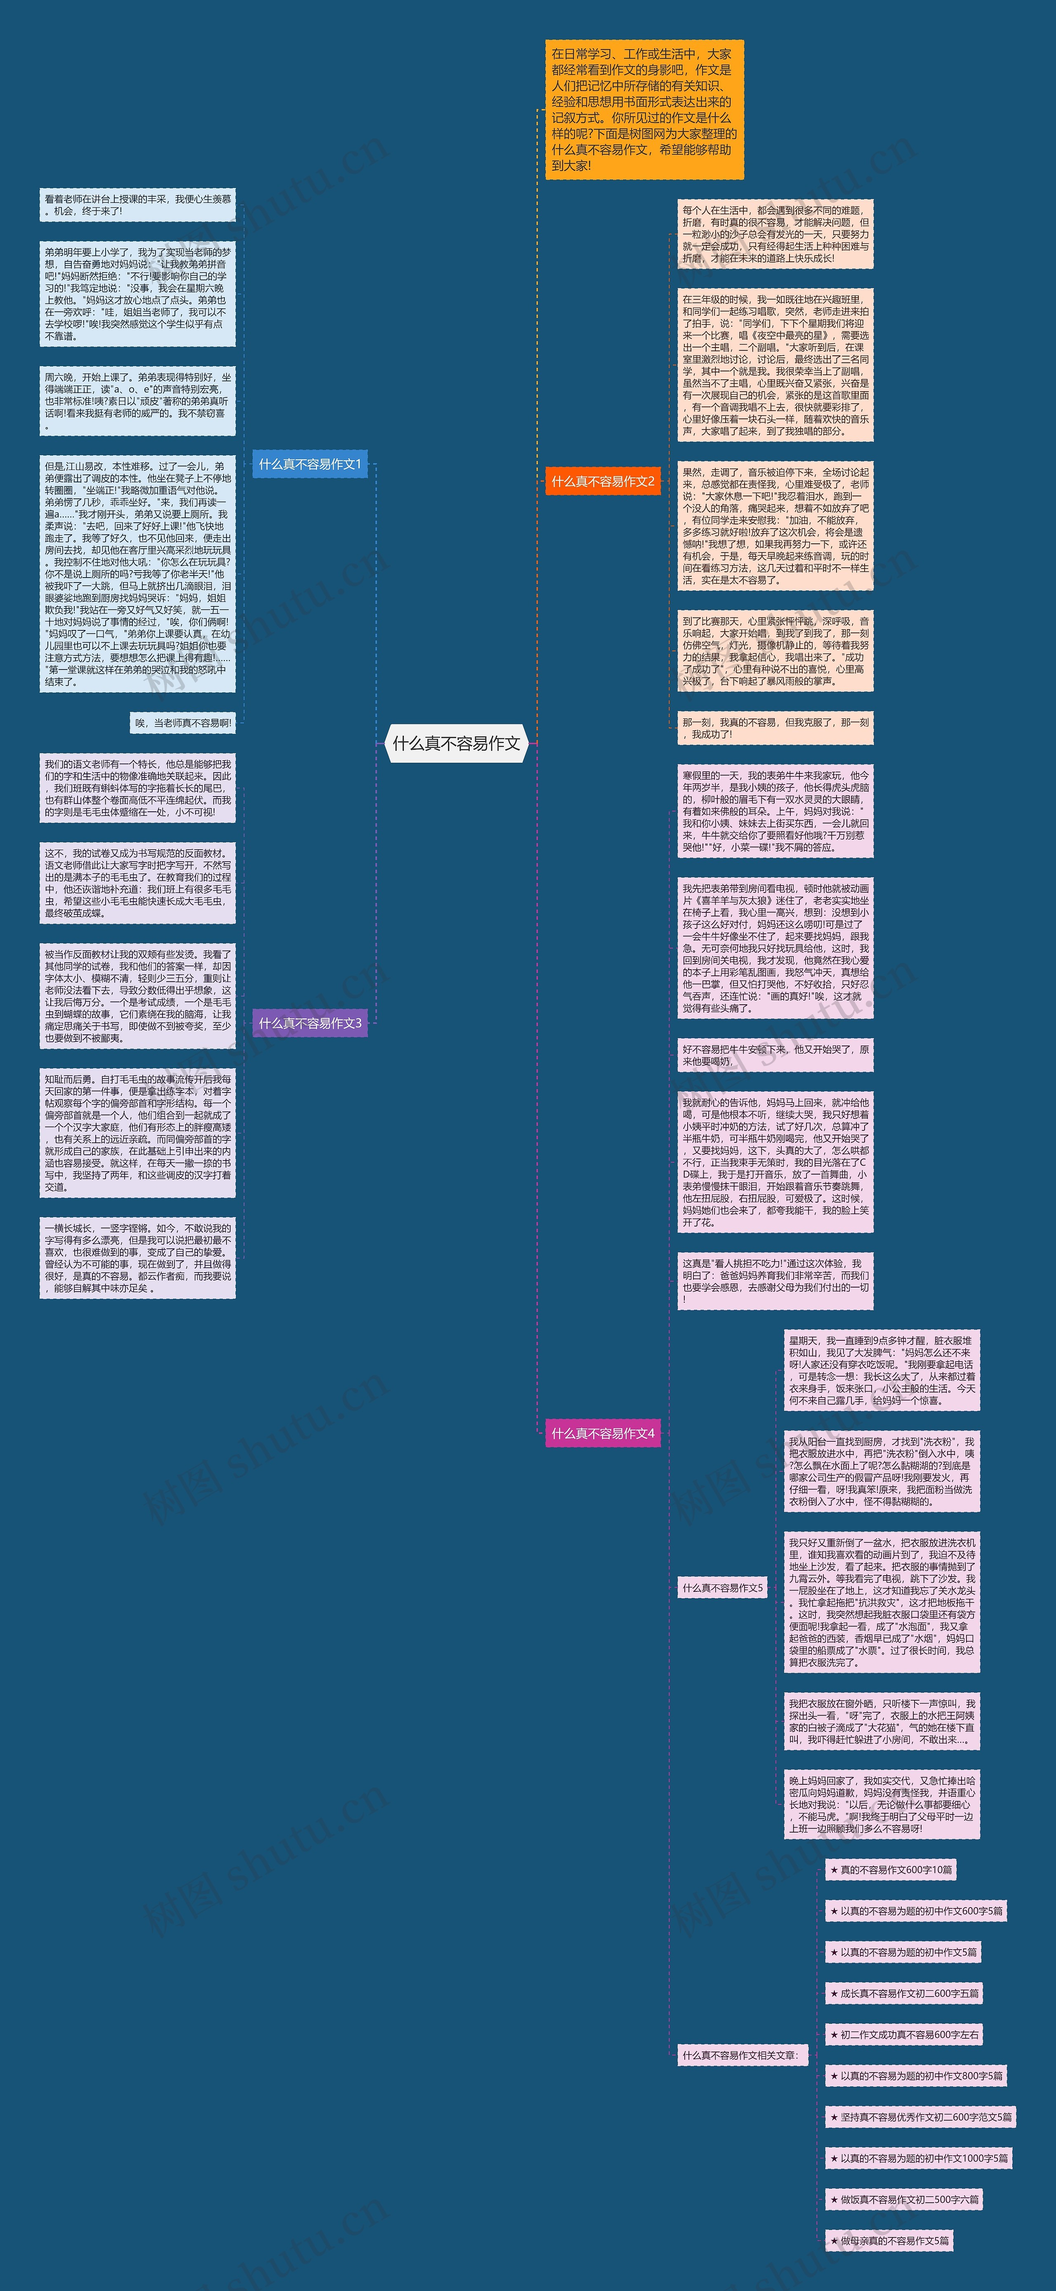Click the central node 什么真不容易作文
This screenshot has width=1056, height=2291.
[x=456, y=743]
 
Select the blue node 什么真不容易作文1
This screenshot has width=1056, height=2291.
[x=310, y=464]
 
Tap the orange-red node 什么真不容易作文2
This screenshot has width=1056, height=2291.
[x=602, y=481]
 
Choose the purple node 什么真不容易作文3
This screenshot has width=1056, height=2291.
[x=310, y=1023]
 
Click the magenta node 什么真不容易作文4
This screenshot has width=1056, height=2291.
[x=602, y=1433]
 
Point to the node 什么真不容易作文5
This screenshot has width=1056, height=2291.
[x=721, y=1588]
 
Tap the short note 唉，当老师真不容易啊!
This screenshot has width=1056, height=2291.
[x=183, y=723]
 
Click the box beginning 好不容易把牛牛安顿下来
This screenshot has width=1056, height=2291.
[x=775, y=1055]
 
